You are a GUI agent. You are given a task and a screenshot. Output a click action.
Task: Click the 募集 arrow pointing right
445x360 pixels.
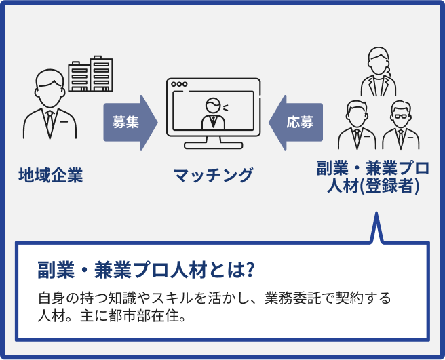(129, 123)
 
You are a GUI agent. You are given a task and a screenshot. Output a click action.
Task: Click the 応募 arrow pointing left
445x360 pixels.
(296, 123)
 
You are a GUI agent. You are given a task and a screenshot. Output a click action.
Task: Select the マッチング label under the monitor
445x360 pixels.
(213, 176)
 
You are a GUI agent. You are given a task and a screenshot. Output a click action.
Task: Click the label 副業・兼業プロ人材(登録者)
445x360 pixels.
(372, 177)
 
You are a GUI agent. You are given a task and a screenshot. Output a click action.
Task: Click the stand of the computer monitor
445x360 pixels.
(213, 142)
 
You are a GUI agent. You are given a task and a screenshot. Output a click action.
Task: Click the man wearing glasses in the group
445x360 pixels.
(400, 125)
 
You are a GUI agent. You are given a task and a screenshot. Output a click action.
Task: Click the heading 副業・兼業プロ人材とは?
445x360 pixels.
(146, 269)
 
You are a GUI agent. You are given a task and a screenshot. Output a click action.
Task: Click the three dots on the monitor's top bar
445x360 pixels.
(179, 85)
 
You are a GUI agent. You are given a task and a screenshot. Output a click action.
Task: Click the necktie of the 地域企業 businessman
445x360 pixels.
(49, 120)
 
